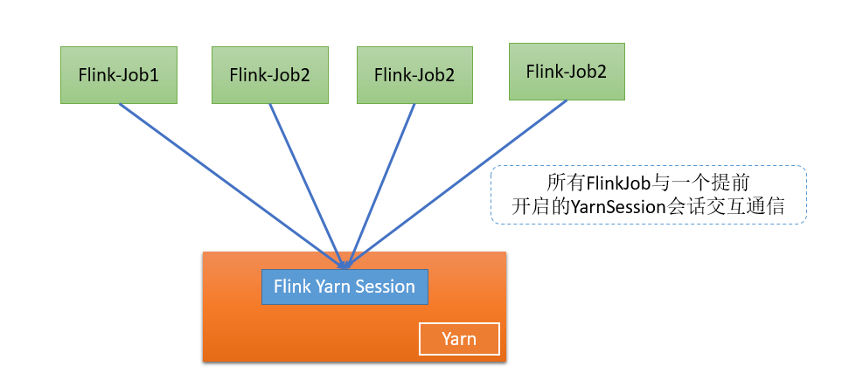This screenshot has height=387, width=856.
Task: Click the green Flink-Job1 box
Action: click(119, 75)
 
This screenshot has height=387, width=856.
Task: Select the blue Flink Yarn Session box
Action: click(344, 287)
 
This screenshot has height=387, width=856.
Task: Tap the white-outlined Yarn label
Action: click(459, 339)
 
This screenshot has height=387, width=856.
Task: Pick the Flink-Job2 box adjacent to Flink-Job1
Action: click(269, 75)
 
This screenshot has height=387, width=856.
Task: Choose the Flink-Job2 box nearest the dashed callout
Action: click(567, 71)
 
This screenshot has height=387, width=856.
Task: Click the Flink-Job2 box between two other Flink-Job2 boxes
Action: click(414, 75)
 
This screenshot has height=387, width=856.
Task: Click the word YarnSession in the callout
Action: click(612, 208)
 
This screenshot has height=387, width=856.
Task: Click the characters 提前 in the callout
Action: click(732, 183)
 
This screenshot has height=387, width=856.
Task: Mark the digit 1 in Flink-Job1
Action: click(154, 75)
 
